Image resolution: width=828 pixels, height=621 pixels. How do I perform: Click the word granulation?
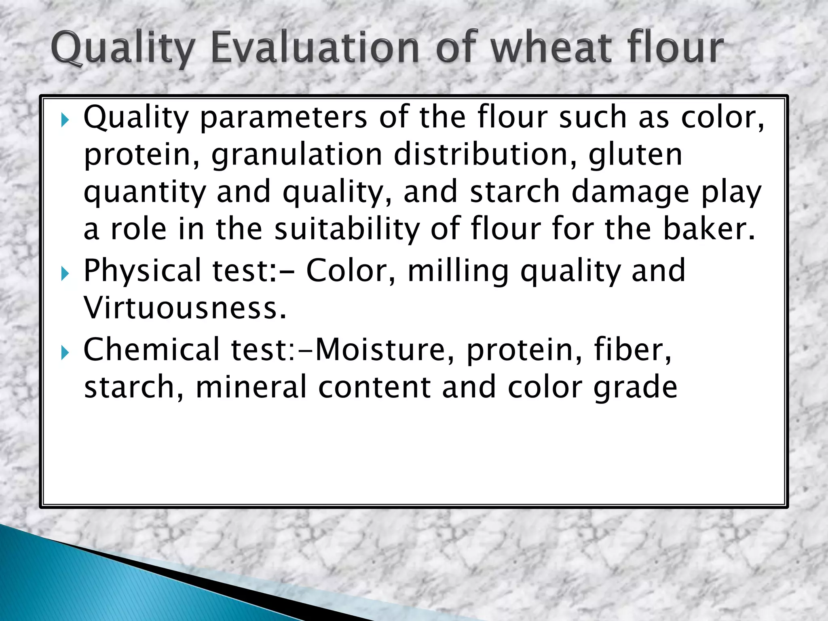tap(297, 155)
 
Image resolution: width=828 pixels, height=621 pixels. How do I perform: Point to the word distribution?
tap(485, 154)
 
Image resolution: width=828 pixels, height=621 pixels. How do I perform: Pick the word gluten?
tap(635, 154)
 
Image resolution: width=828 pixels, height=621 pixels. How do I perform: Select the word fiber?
tap(632, 349)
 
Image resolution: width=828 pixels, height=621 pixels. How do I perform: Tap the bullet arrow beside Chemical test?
tap(65, 353)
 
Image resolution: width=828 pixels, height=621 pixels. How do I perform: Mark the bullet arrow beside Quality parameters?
tap(65, 120)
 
